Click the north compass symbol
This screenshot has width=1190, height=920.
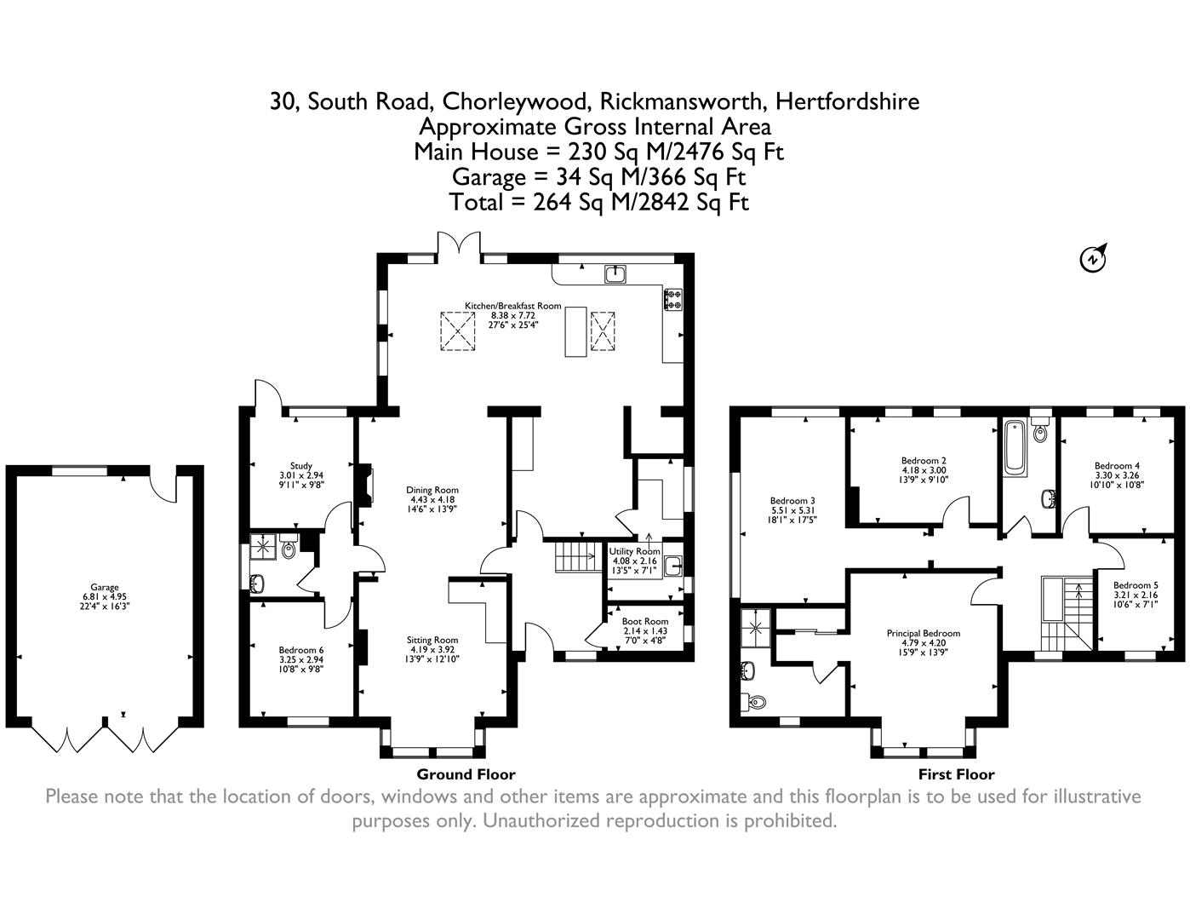coord(1093,258)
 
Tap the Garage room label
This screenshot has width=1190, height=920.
coord(105,588)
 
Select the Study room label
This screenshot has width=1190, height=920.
coord(301,466)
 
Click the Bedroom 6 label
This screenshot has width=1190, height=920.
coord(301,651)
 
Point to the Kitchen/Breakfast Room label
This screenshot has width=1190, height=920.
coord(513,306)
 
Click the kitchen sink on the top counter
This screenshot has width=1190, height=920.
coord(615,274)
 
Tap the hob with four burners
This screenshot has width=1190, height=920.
coord(673,299)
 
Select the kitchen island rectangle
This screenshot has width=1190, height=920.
coord(575,331)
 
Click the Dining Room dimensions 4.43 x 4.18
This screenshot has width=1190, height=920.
coord(432,500)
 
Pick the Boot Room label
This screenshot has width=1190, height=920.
coord(645,621)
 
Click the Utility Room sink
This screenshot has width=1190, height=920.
coord(673,566)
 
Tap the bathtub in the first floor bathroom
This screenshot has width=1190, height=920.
coord(1015,446)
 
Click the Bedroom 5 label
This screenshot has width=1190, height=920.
coord(1136,585)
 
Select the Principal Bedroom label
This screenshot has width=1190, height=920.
coord(924,634)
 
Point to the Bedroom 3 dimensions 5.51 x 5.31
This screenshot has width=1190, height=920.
coord(792,510)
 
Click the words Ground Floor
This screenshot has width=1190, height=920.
coord(466,774)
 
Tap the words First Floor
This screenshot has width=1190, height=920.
coord(956,774)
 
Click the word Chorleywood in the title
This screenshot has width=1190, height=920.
coord(515,101)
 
